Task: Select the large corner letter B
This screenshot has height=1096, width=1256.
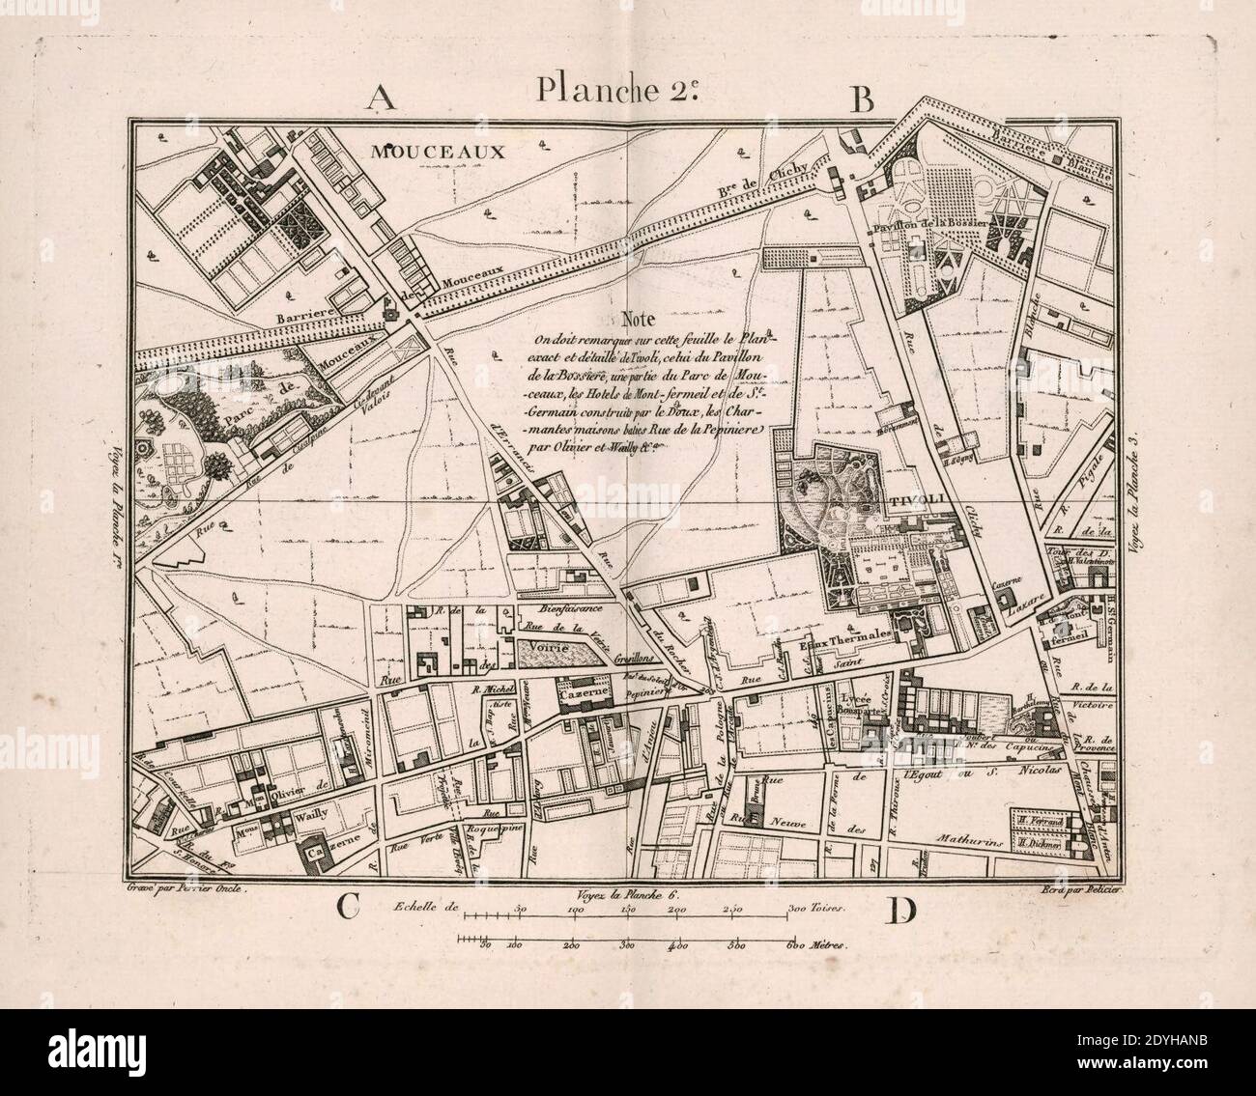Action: pyautogui.click(x=860, y=98)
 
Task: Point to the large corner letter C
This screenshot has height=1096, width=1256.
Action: pyautogui.click(x=349, y=909)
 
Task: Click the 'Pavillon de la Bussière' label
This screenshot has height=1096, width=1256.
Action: pyautogui.click(x=928, y=222)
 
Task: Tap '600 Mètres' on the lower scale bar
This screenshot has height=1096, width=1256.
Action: pyautogui.click(x=819, y=947)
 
